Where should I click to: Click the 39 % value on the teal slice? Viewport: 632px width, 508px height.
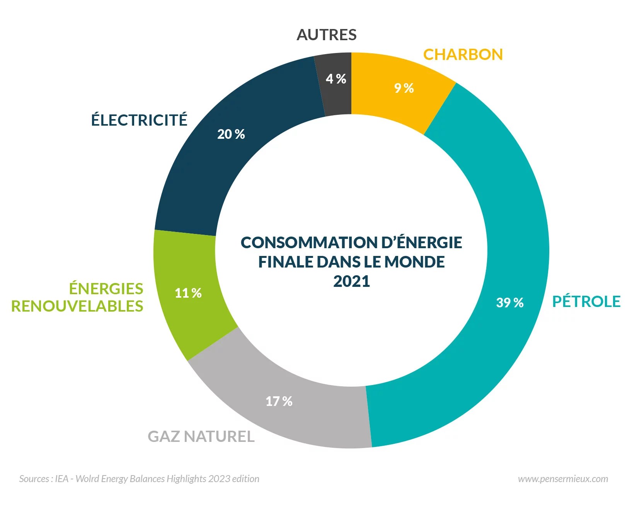tap(509, 302)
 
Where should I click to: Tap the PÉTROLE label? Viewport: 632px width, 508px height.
tap(586, 302)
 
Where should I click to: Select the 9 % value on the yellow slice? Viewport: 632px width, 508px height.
tap(404, 88)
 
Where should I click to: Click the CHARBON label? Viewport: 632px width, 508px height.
tap(463, 55)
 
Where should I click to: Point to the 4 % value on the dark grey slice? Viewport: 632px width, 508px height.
tap(336, 79)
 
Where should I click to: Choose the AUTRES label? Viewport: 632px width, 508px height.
tap(327, 35)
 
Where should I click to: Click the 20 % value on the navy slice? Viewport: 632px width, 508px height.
tap(231, 134)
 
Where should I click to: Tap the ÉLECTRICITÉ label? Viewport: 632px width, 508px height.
tap(139, 120)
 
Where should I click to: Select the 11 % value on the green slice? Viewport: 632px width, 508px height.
tap(188, 293)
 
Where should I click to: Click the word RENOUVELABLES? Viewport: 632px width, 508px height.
tap(77, 306)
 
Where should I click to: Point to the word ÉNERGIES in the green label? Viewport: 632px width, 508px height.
tap(106, 288)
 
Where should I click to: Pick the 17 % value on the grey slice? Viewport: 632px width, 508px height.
tap(279, 401)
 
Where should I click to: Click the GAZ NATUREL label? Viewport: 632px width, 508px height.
tap(201, 436)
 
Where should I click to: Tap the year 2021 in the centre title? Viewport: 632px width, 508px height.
tap(351, 281)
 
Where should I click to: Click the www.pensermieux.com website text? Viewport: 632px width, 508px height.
tap(563, 479)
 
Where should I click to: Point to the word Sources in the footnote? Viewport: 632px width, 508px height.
tap(34, 479)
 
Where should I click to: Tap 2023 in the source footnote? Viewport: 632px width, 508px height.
tap(219, 479)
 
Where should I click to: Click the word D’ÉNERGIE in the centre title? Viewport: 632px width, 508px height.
tap(422, 243)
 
